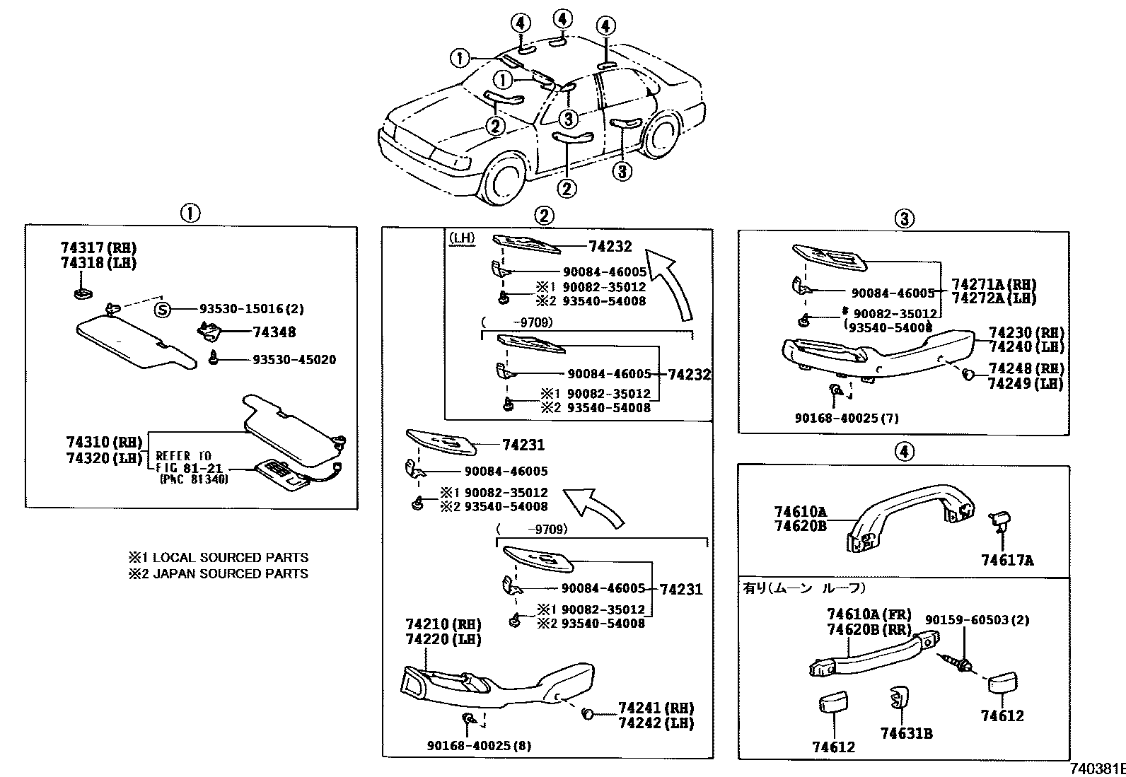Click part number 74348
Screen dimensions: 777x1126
[274, 332]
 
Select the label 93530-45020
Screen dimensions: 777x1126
[294, 360]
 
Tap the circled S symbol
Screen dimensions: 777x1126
[163, 309]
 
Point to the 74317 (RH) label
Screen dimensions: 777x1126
[98, 248]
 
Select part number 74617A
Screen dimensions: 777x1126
[1006, 561]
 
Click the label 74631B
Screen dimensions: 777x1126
[906, 734]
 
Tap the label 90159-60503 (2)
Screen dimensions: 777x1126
[977, 620]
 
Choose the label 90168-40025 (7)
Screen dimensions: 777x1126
[846, 418]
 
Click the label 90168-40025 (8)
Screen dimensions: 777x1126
[479, 745]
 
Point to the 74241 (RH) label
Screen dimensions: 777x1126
[656, 708]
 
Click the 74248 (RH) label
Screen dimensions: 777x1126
[1026, 368]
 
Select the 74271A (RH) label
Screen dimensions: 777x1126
[994, 284]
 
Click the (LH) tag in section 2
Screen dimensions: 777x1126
[462, 238]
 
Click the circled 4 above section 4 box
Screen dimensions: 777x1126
[904, 451]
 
